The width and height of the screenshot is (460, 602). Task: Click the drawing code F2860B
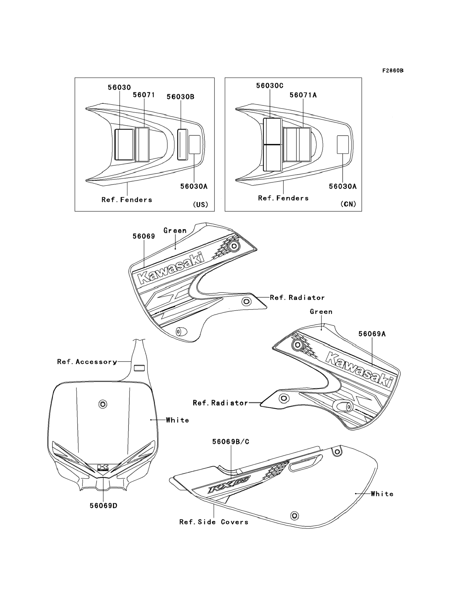point(393,71)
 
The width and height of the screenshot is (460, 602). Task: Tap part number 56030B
point(180,97)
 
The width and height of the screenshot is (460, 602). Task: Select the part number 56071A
point(303,95)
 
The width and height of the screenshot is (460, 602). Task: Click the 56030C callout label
point(270,86)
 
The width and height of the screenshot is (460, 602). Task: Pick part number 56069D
point(104,506)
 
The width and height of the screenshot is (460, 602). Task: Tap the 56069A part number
point(372,334)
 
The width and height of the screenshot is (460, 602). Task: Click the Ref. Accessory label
point(87,362)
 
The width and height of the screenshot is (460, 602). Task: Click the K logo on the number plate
point(103,467)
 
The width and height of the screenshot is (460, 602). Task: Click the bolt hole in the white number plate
point(103,404)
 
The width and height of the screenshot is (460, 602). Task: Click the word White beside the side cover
point(382,494)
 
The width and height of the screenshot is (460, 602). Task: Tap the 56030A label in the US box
point(194,186)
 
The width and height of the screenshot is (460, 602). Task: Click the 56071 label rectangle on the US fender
point(142,145)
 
